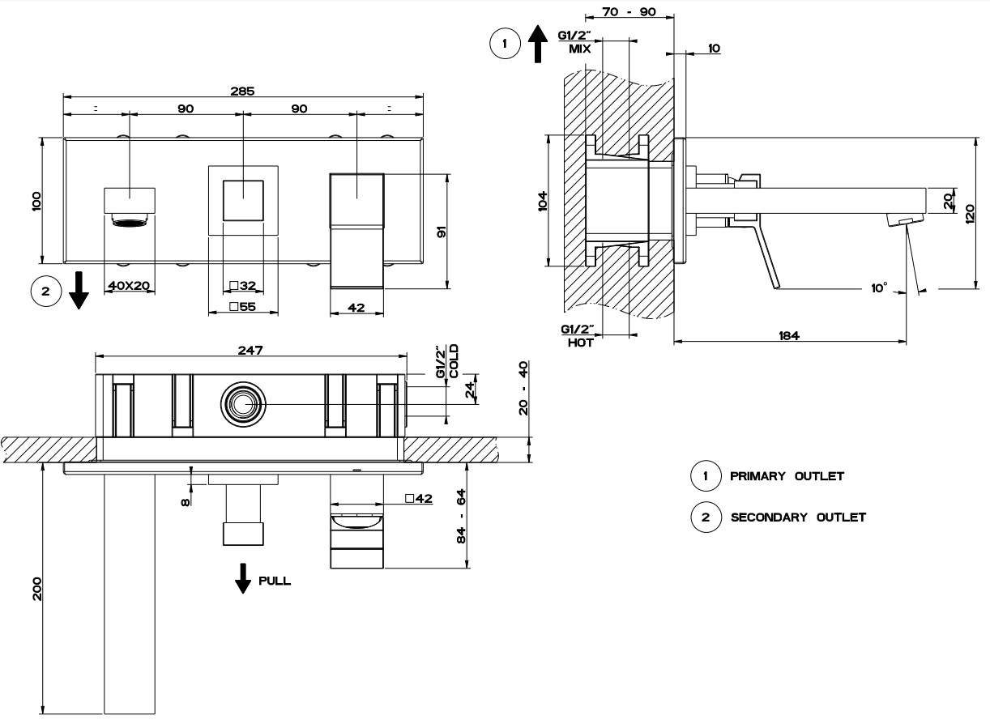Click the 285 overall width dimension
[x=242, y=92]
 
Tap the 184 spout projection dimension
[x=789, y=335]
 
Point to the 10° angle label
[x=879, y=287]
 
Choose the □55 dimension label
[x=242, y=307]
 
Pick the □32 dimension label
[x=242, y=286]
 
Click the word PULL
[x=275, y=581]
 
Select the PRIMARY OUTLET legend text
[x=787, y=476]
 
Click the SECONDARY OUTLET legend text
[x=798, y=517]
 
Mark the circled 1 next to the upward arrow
[x=506, y=43]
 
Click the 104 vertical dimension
[x=542, y=201]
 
